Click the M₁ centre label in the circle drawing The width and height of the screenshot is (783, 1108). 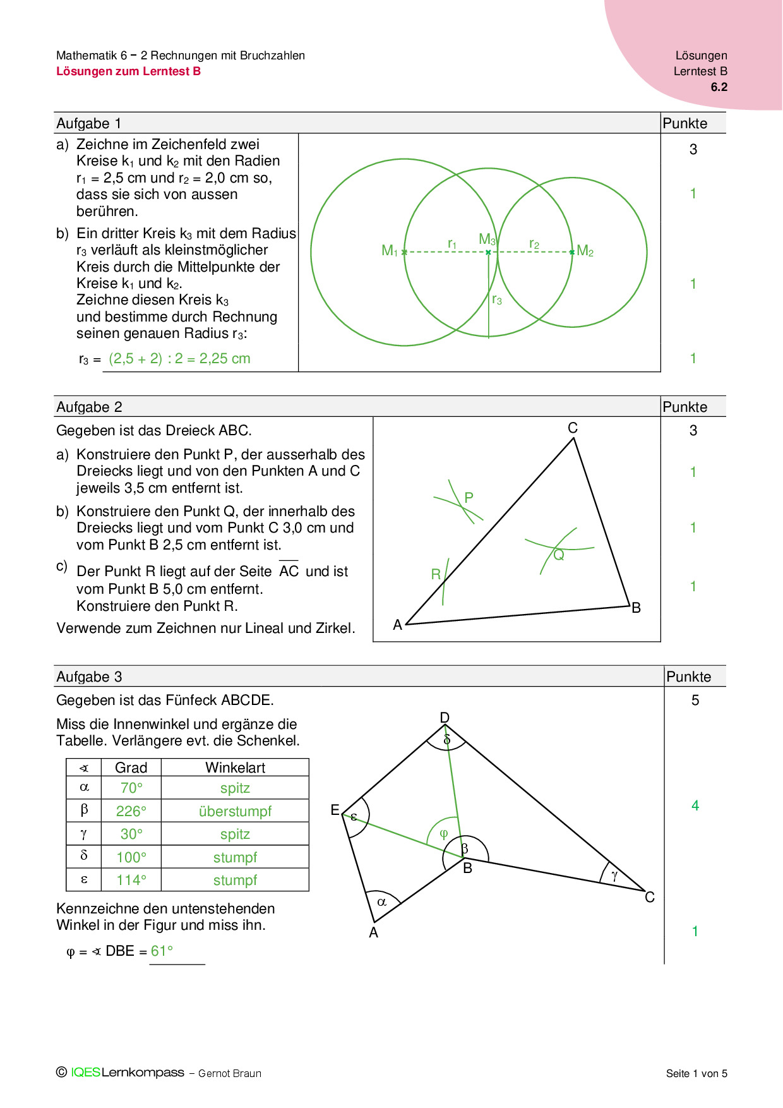tap(390, 251)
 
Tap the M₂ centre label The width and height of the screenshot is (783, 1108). tap(585, 251)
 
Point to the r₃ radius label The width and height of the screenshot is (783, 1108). tap(497, 299)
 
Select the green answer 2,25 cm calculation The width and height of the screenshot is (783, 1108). tap(179, 359)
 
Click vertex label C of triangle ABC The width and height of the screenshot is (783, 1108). tap(573, 428)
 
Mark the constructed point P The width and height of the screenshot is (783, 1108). tap(469, 498)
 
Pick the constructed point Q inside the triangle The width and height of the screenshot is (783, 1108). tap(558, 555)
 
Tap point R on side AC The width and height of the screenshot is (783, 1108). tap(436, 574)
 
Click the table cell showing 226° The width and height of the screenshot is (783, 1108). tap(131, 811)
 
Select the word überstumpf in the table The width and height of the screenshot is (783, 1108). tap(235, 811)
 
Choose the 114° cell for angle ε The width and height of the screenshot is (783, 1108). tap(131, 880)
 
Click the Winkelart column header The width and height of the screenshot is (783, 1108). tap(235, 768)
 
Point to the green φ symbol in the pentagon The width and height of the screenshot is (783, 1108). tap(443, 834)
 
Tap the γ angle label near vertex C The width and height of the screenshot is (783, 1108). tap(614, 876)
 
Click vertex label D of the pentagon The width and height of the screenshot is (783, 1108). tap(445, 718)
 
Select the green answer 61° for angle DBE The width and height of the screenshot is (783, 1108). tap(162, 951)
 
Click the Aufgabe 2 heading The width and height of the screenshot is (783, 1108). tap(89, 407)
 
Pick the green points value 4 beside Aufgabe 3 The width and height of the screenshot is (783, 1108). tap(695, 805)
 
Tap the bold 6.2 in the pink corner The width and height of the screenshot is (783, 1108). tap(719, 87)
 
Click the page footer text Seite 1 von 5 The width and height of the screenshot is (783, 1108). tap(696, 1073)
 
